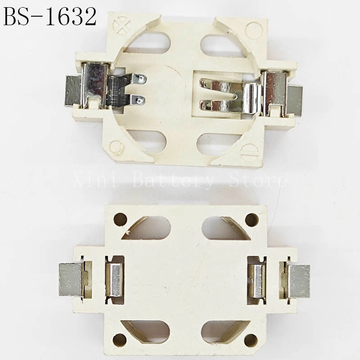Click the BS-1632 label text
[50, 17]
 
